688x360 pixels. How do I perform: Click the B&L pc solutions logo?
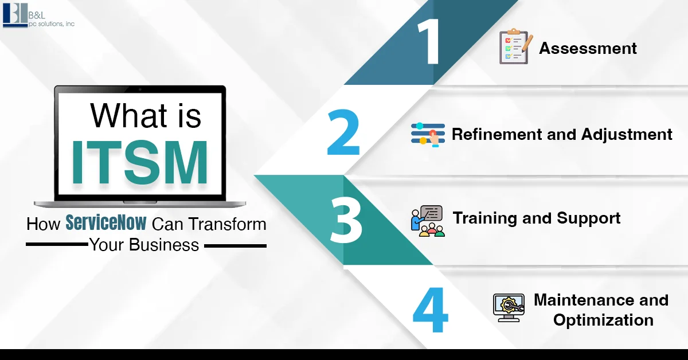pyautogui.click(x=39, y=15)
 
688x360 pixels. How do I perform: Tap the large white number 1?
pyautogui.click(x=429, y=41)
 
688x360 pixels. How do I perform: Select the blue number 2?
pyautogui.click(x=343, y=132)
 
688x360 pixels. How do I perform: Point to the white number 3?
pyautogui.click(x=346, y=220)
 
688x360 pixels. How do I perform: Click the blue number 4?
pyautogui.click(x=431, y=310)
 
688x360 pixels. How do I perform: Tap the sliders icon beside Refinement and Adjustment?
pyautogui.click(x=428, y=135)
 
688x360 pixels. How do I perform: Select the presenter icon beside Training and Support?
pyautogui.click(x=428, y=221)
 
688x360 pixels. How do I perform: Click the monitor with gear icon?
pyautogui.click(x=509, y=308)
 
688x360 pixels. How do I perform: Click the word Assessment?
pyautogui.click(x=588, y=48)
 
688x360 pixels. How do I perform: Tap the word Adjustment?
pyautogui.click(x=627, y=135)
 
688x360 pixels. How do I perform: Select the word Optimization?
pyautogui.click(x=603, y=320)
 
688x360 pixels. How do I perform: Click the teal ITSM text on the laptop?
pyautogui.click(x=140, y=162)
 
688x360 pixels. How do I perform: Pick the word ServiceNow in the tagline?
pyautogui.click(x=106, y=222)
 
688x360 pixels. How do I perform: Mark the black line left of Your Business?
pyautogui.click(x=57, y=245)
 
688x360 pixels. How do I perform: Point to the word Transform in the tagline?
pyautogui.click(x=227, y=224)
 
